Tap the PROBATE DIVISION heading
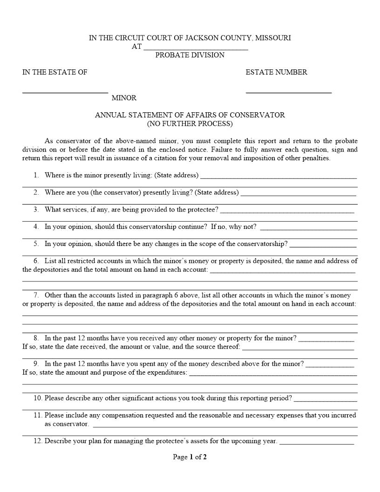(190, 55)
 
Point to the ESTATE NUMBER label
(276, 72)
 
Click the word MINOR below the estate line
(124, 98)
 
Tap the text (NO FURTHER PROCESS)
(190, 124)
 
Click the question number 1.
(36, 175)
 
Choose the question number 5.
(36, 244)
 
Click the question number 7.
(36, 295)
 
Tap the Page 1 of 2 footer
(190, 457)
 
